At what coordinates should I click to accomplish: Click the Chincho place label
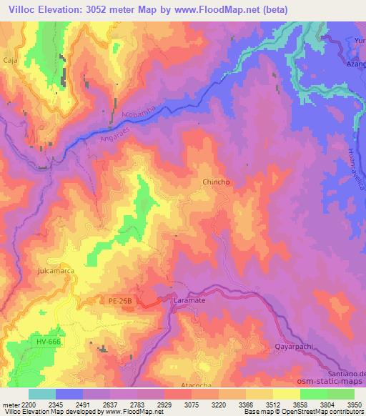(216, 183)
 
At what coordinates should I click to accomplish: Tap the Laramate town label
(189, 302)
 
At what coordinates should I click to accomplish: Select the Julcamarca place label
(54, 272)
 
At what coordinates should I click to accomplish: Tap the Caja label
(10, 61)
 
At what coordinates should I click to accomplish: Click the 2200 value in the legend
(27, 405)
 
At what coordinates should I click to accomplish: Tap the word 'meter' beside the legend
(9, 405)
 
